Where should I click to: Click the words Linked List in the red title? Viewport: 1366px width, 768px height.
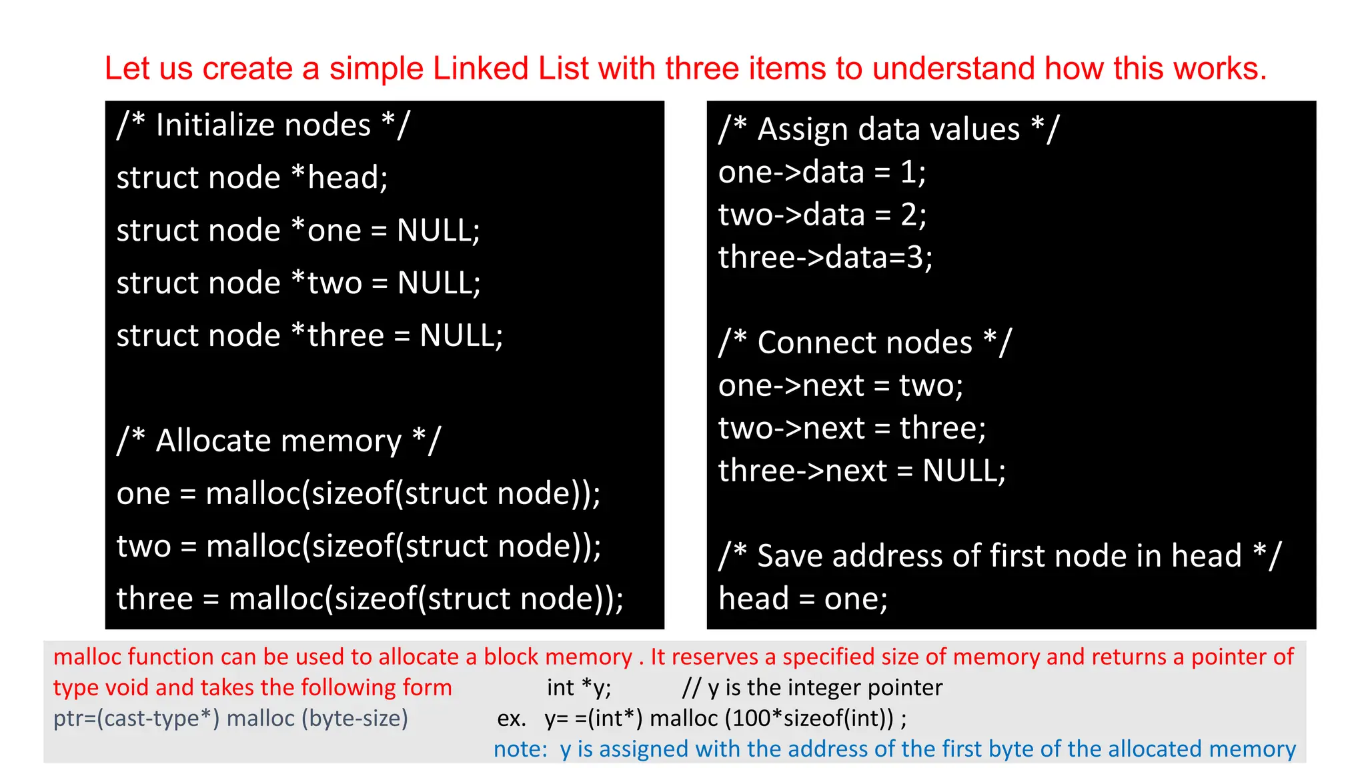511,69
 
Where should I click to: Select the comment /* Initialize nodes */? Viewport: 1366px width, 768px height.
263,125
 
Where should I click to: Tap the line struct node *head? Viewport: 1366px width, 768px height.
252,178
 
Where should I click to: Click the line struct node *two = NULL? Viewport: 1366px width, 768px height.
298,283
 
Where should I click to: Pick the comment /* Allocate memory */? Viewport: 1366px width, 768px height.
279,441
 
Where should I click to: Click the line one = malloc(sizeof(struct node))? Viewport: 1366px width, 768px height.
358,494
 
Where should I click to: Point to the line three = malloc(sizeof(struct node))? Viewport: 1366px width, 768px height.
370,599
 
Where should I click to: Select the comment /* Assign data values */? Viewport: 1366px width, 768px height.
888,129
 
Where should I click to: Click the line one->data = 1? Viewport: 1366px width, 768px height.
822,172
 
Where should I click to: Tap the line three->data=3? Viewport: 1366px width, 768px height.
825,257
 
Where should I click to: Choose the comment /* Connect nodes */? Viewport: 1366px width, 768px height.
864,343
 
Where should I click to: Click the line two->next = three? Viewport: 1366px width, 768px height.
852,428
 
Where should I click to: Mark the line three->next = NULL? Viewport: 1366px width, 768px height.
862,471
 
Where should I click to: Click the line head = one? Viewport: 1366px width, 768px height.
802,599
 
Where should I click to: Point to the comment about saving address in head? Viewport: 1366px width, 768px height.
999,556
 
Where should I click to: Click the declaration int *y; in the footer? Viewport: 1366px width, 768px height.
578,687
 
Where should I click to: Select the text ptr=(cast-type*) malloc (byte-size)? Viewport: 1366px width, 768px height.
230,718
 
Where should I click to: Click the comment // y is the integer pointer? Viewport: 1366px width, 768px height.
812,687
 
